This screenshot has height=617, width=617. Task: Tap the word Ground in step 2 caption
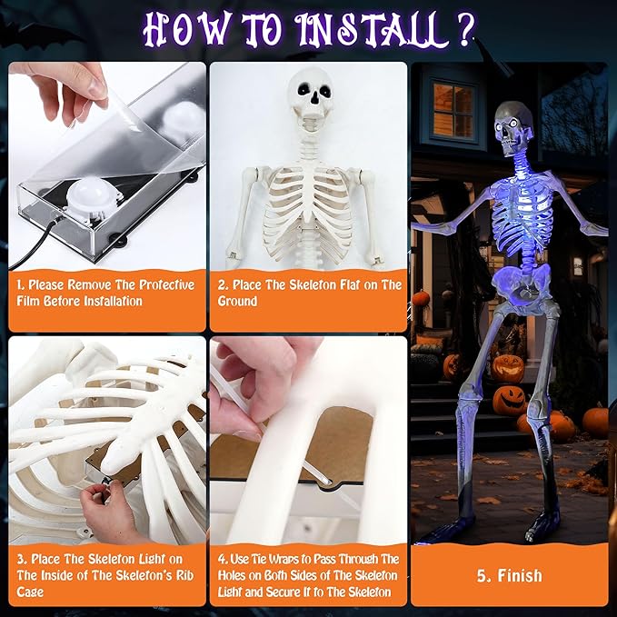click(237, 301)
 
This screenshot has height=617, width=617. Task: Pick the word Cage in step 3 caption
click(30, 592)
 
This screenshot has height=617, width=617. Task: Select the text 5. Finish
click(510, 576)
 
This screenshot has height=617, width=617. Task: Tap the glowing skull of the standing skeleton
click(514, 129)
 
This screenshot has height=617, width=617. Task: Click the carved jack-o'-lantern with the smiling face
click(508, 369)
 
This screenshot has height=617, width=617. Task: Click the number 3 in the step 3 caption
click(20, 559)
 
